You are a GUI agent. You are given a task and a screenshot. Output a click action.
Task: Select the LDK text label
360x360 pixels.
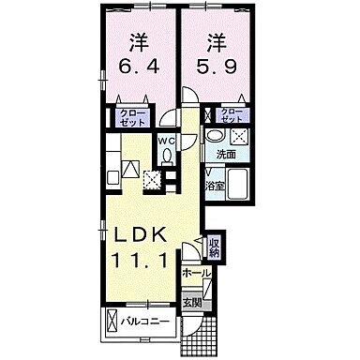(x=137, y=231)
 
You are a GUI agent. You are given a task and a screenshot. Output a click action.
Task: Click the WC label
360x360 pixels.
(x=166, y=142)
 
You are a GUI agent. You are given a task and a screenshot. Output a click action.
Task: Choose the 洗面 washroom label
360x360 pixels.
(x=226, y=152)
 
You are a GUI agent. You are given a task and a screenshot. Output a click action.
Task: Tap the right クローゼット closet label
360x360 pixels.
(x=231, y=116)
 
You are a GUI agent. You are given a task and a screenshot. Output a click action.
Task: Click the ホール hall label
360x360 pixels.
(x=197, y=273)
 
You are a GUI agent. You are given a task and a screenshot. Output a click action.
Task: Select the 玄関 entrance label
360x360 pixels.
(x=191, y=303)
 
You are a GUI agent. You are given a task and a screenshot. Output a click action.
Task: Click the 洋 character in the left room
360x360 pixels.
(x=139, y=41)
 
